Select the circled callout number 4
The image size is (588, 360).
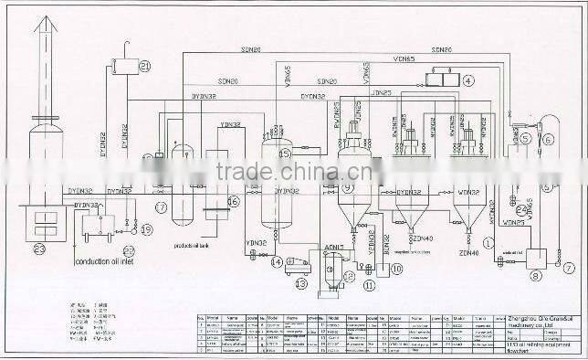[x=468, y=80]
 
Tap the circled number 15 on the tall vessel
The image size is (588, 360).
[x=285, y=154]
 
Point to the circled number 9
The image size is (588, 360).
[x=348, y=187]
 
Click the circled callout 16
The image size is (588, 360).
[x=233, y=202]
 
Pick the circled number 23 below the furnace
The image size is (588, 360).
[x=38, y=249]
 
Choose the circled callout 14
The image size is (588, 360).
[x=276, y=262]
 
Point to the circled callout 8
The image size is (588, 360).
[x=537, y=274]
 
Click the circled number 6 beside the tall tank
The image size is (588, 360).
[x=548, y=140]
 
